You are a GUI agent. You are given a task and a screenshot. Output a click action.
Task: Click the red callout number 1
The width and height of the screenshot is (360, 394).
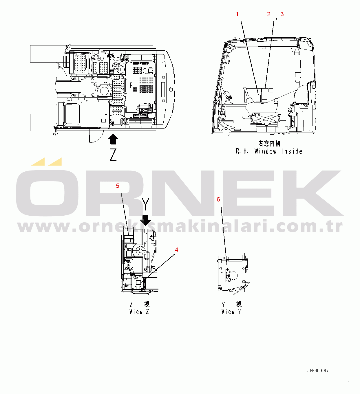(x=237, y=14)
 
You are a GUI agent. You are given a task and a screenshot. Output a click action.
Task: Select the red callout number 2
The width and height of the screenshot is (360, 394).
(x=269, y=14)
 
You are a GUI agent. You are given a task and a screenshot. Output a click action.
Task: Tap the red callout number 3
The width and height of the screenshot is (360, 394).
(x=282, y=14)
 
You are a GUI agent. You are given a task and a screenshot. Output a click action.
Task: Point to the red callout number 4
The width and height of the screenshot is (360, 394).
(x=176, y=250)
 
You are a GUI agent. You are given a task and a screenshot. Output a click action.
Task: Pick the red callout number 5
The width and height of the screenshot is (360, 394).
(x=118, y=186)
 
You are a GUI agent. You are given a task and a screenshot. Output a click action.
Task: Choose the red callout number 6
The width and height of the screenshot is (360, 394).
(x=218, y=199)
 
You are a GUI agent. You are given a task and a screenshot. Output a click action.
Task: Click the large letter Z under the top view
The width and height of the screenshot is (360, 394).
(x=113, y=155)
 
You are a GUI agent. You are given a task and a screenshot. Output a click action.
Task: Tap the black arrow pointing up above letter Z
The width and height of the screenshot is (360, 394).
(x=113, y=139)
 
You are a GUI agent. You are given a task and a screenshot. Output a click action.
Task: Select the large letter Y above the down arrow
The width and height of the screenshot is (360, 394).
(x=145, y=204)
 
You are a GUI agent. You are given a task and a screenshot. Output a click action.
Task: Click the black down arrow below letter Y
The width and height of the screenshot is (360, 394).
(x=145, y=220)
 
